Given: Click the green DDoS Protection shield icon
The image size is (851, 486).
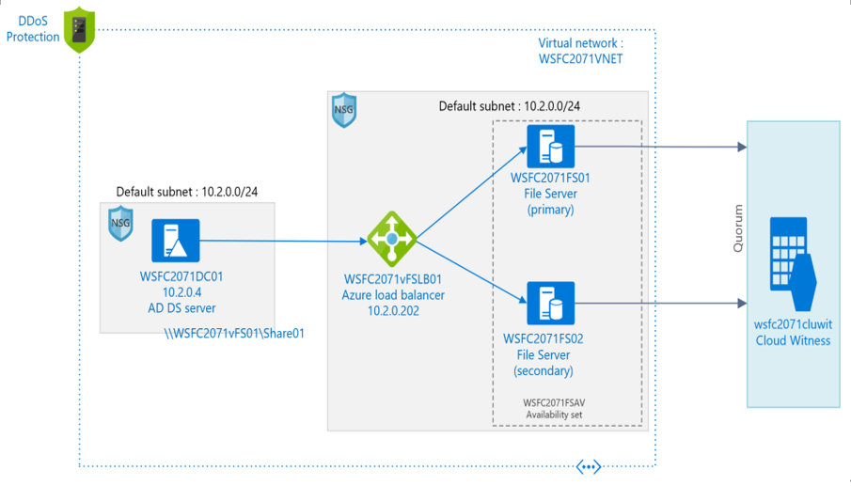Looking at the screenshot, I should [80, 29].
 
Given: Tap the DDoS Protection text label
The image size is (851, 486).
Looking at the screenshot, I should [33, 29].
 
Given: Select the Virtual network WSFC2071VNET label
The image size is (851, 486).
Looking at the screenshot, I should [580, 51].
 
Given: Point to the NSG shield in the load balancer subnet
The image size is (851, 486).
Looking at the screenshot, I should [344, 111].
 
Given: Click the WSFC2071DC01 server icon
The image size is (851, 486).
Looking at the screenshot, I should [176, 242].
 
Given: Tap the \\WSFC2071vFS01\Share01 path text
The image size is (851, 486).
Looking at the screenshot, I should [234, 333].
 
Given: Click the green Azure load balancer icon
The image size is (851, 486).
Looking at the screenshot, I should [391, 240].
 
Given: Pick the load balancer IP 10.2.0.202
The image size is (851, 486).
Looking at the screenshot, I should [392, 310].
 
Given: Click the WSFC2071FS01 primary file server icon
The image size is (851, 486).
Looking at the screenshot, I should [550, 146].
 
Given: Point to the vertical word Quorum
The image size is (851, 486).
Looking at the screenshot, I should [738, 228].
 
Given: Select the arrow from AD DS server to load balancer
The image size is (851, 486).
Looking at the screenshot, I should [282, 242].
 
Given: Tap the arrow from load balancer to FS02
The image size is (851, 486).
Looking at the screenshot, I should [470, 273].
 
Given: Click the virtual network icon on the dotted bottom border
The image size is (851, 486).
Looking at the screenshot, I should [589, 466].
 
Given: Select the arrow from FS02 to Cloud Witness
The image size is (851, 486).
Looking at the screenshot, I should [658, 304].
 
